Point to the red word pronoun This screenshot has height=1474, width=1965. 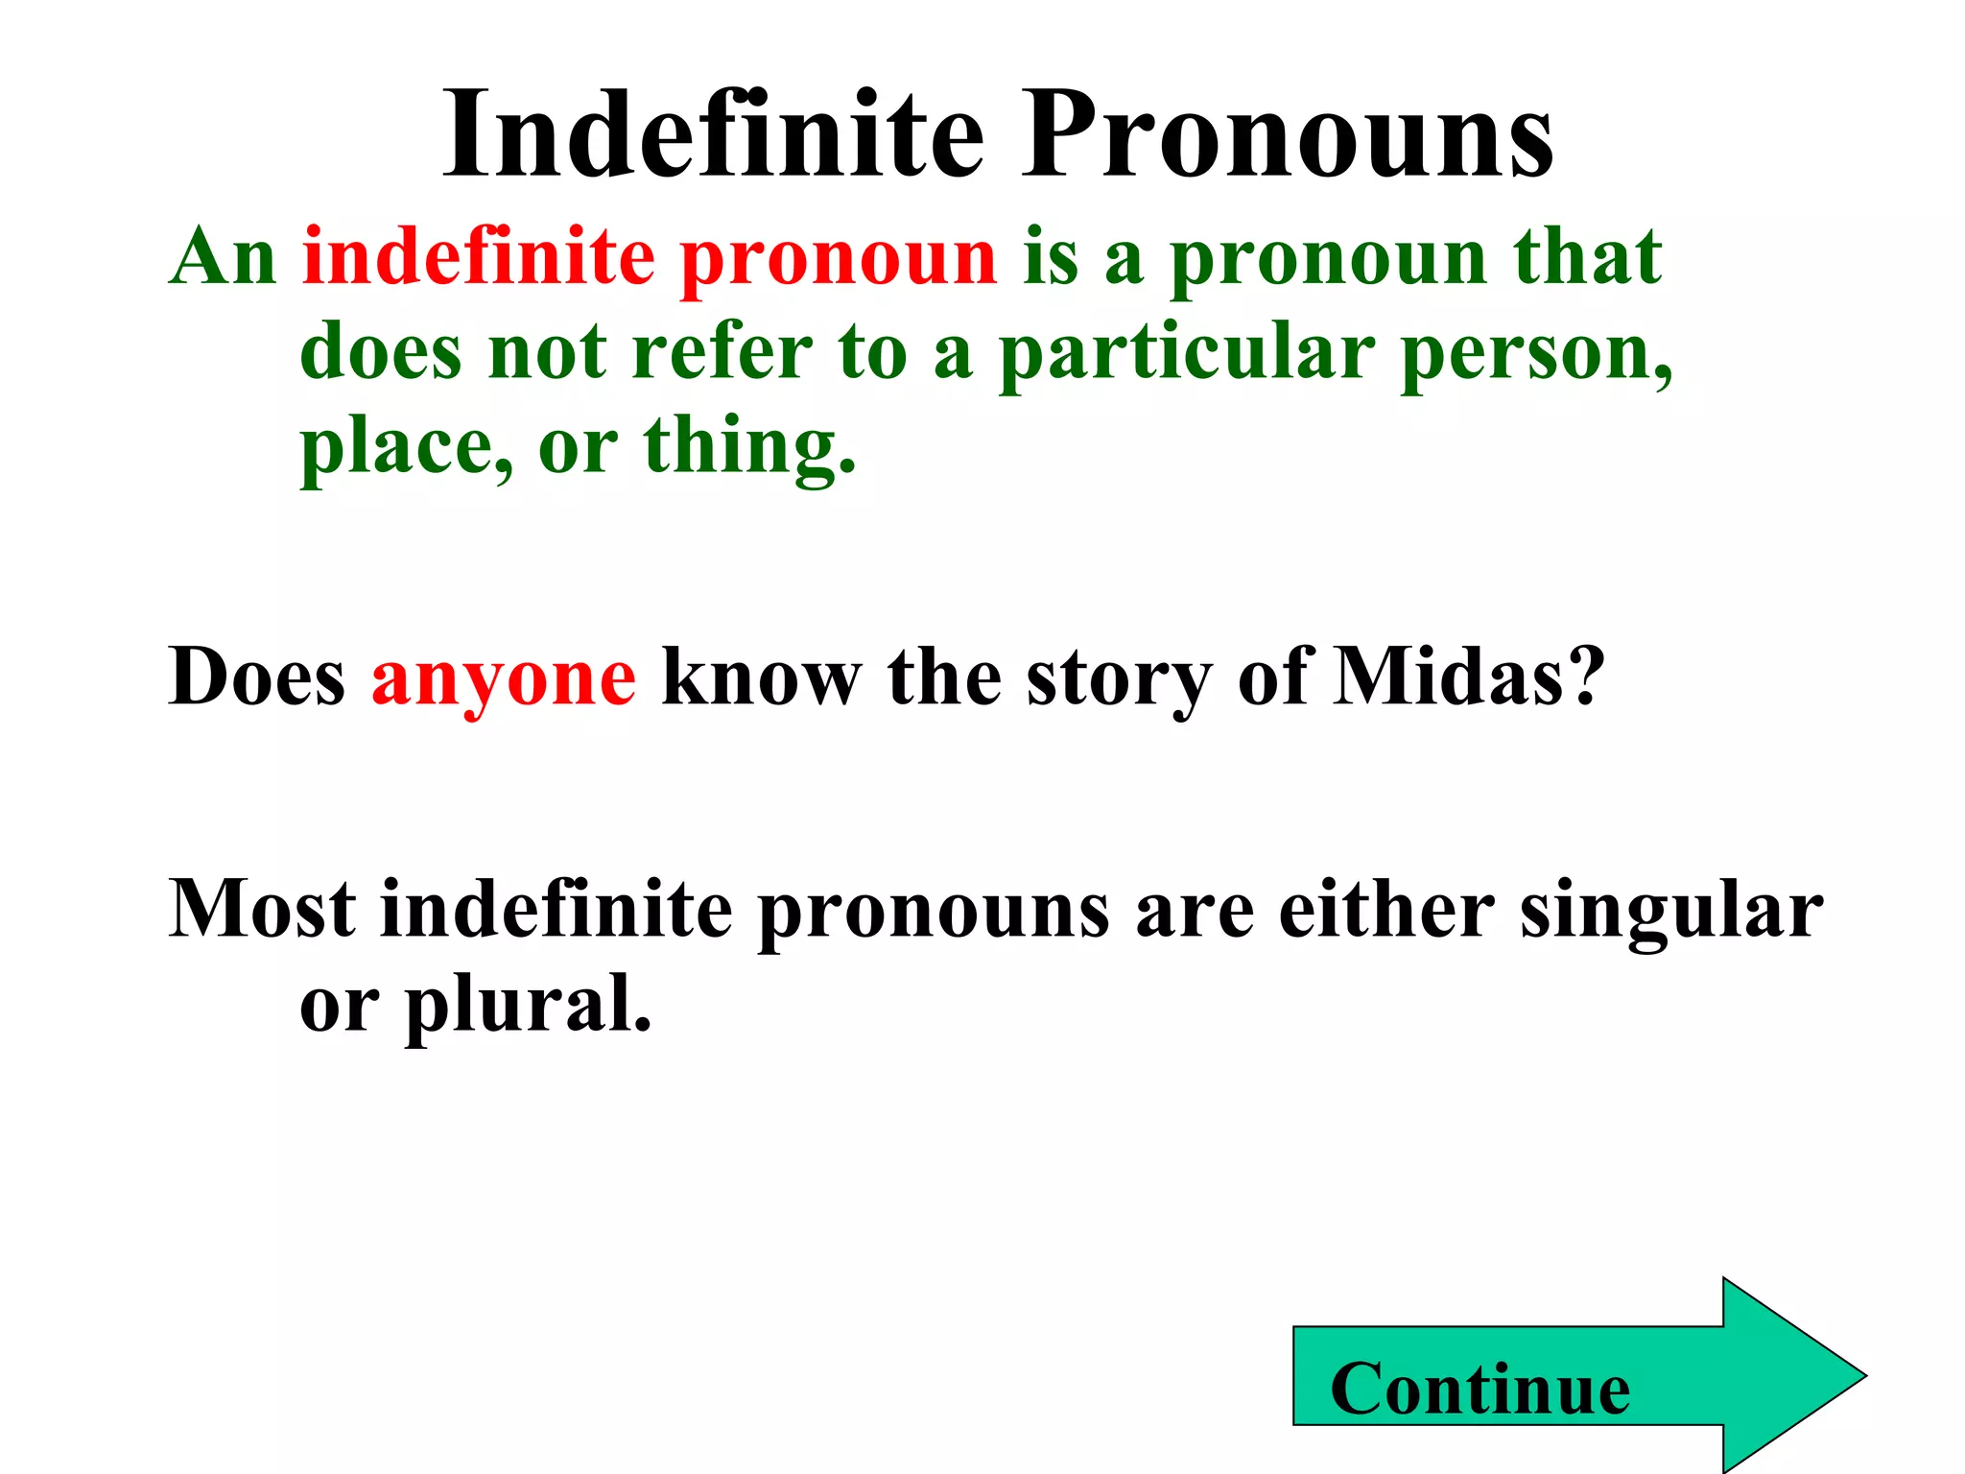[x=839, y=259]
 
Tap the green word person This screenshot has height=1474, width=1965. [x=1535, y=353]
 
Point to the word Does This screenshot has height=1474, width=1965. [x=256, y=677]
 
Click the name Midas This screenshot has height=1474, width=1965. [x=1450, y=677]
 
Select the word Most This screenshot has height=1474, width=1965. [x=262, y=909]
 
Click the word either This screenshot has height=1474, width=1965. [x=1385, y=909]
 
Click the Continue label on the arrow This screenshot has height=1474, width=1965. [x=1480, y=1389]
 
